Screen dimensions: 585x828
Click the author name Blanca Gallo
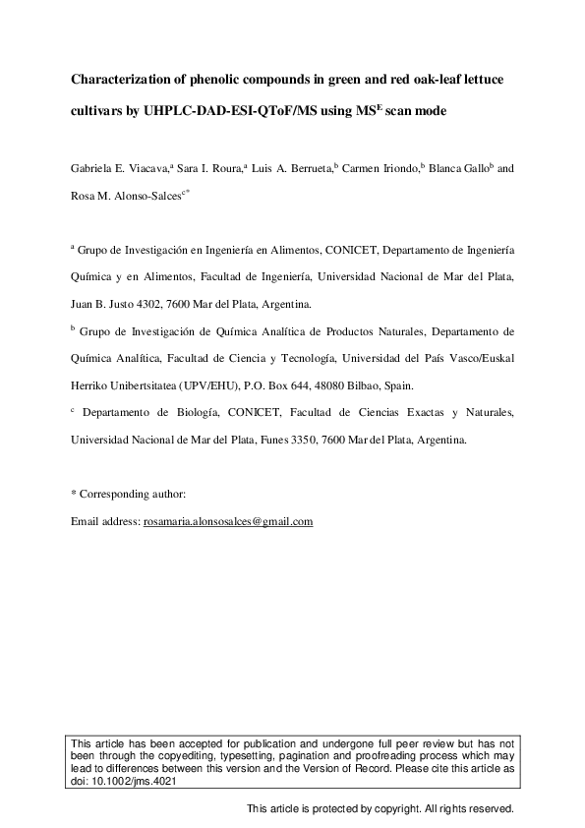tap(460, 168)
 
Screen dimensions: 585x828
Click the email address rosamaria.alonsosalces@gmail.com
tap(228, 521)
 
